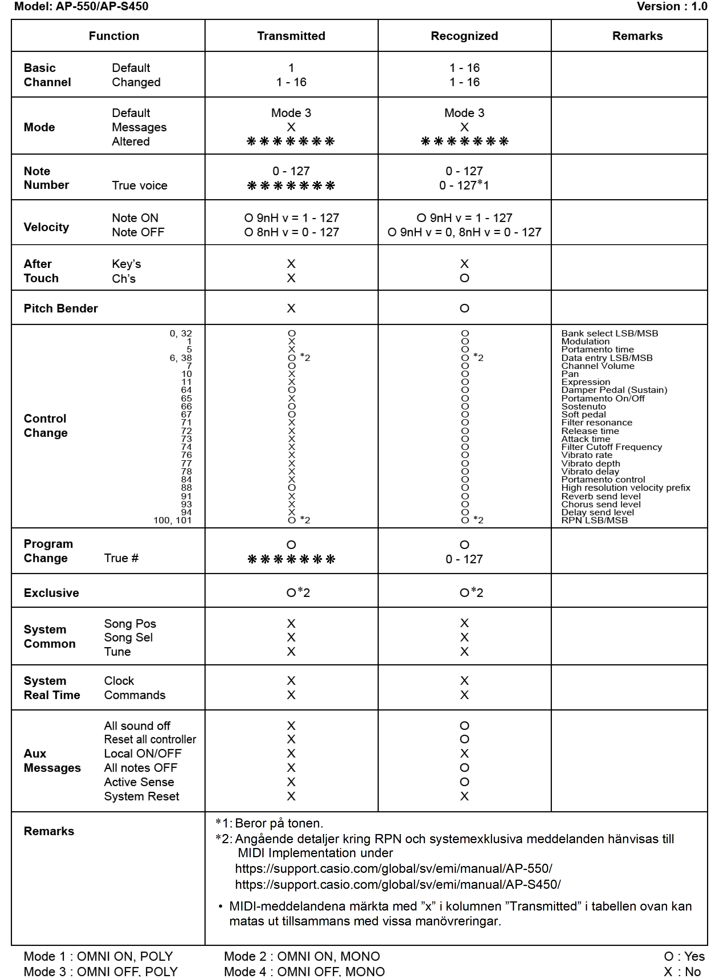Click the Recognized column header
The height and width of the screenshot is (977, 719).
[464, 36]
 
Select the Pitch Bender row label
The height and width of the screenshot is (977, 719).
[61, 308]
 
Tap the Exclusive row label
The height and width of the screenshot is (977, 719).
[51, 593]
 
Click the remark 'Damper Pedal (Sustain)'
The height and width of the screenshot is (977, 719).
[614, 390]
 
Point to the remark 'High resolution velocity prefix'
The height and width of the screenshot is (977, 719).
[625, 488]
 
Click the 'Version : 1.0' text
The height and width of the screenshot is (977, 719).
[672, 7]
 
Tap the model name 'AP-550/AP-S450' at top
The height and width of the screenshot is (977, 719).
[102, 7]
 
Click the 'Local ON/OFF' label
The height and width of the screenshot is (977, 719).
[143, 753]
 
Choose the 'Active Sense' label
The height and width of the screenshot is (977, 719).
[139, 782]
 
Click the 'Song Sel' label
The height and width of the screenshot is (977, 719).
[128, 637]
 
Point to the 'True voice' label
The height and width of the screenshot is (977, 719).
[139, 185]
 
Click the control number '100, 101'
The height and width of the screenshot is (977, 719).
[172, 520]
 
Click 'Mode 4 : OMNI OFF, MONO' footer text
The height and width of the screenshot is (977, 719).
[304, 971]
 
